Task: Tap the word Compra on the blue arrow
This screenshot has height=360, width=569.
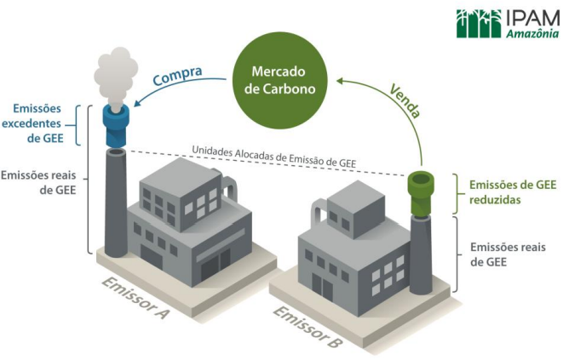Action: pos(177,76)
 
